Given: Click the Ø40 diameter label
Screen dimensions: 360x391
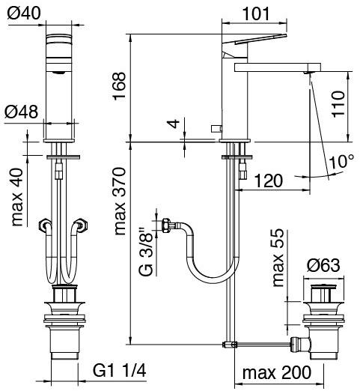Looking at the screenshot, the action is coord(24,13).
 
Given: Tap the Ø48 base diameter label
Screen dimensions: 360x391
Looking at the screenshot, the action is coord(22,112).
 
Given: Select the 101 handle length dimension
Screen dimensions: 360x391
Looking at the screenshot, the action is coord(256,14).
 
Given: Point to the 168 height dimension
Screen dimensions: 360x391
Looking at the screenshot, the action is coord(119,86).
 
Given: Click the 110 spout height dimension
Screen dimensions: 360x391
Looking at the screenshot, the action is coord(338,104).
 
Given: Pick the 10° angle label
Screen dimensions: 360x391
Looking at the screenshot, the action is coord(341,161).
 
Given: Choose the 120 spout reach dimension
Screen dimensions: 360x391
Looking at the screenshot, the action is coord(269,181).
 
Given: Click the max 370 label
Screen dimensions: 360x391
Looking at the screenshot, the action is coord(120,201).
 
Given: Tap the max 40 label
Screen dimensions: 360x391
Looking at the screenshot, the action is coord(17,197).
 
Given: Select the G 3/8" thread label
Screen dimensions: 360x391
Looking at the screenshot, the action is coord(146,252).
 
